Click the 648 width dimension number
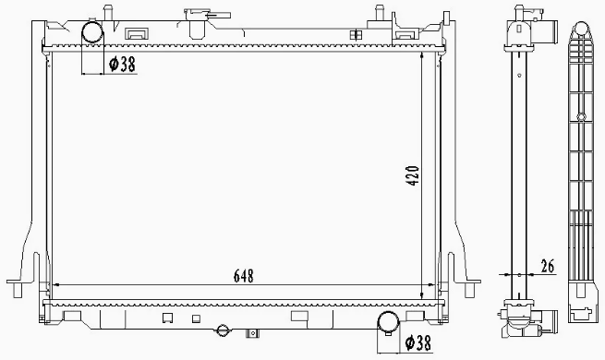coord(242,276)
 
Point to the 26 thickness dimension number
coord(547,268)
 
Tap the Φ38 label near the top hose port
coord(124,65)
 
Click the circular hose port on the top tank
coord(94,32)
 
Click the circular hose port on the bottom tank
coord(389,322)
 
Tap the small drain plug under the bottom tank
coord(223,330)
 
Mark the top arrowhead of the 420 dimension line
coord(423,55)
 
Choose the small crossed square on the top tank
coord(356,33)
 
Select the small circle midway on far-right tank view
coord(578,116)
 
